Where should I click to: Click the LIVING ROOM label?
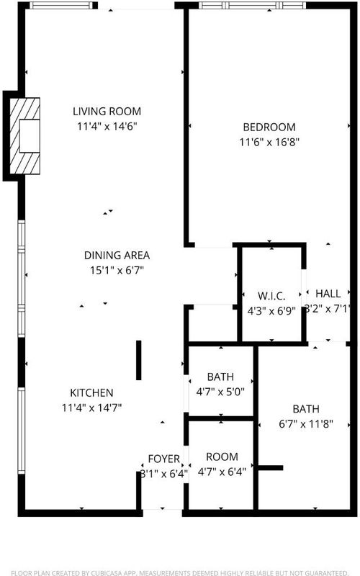tap(107, 111)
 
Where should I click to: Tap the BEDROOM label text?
tap(269, 127)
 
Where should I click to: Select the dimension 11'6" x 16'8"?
tap(269, 142)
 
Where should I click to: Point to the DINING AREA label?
tap(117, 256)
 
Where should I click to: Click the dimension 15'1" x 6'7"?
tap(117, 271)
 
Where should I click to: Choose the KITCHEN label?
tap(91, 392)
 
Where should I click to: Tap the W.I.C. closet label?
tap(271, 296)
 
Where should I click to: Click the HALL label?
tap(328, 294)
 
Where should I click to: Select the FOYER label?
tap(164, 459)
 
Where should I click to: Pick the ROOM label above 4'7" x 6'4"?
tap(222, 456)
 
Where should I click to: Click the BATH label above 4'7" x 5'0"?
tap(220, 377)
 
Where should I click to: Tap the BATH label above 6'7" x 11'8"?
tap(306, 409)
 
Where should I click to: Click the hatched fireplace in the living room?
tap(24, 136)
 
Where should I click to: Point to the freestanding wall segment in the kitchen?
tap(138, 360)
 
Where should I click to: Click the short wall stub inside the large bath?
tap(271, 467)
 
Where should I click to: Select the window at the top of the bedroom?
tap(253, 5)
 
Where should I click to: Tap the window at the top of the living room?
tap(61, 5)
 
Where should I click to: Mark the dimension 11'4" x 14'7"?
tap(91, 408)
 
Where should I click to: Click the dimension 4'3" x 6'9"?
tap(271, 311)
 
